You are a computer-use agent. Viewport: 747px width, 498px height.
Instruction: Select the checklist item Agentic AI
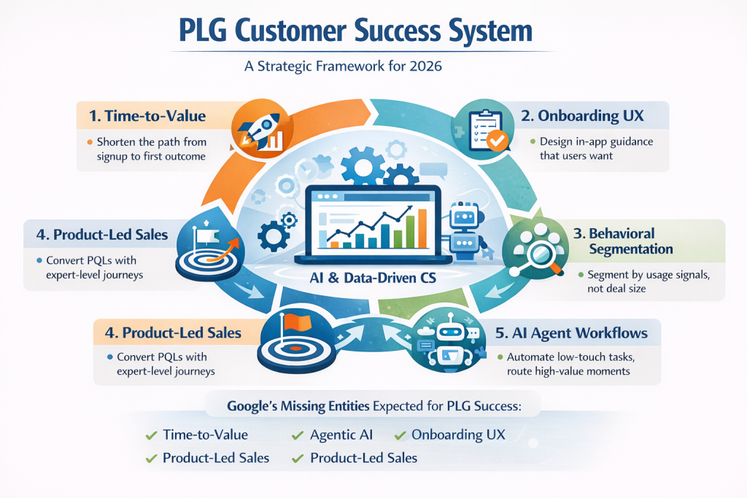pyautogui.click(x=341, y=435)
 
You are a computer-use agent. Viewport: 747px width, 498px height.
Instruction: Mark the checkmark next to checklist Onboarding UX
pyautogui.click(x=400, y=435)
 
